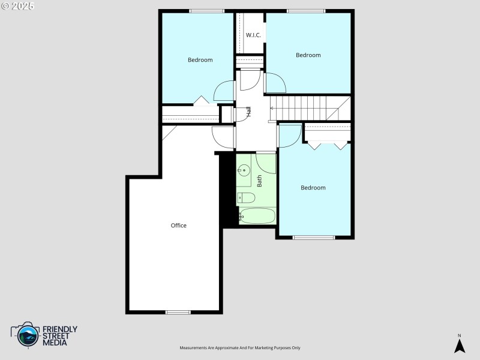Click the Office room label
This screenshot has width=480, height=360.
[178, 226]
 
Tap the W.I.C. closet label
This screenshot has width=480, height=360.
[253, 35]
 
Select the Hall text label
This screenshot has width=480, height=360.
[248, 111]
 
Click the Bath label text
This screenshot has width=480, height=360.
[260, 181]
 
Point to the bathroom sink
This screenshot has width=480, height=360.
[244, 171]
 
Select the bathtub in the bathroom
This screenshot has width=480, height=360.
[257, 216]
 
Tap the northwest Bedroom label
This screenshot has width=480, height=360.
[200, 60]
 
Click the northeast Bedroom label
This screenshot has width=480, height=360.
[308, 55]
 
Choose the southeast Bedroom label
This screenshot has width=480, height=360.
[313, 188]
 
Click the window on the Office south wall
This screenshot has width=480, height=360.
[178, 312]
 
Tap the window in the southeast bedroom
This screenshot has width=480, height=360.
[314, 238]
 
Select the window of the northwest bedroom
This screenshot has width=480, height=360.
[206, 11]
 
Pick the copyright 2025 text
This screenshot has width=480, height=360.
[18, 6]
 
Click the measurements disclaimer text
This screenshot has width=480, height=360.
[240, 348]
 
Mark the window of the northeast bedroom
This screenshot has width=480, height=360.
[306, 11]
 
